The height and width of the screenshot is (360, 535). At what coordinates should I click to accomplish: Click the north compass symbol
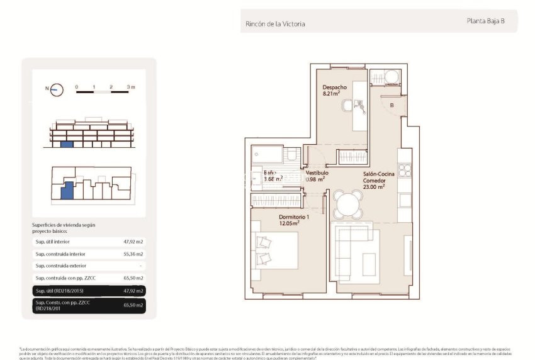(x=56, y=89)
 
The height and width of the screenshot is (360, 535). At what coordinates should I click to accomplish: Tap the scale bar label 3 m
(x=130, y=86)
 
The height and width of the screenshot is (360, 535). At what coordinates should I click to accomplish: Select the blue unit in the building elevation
(x=67, y=145)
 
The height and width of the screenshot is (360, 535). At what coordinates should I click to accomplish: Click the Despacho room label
(x=335, y=87)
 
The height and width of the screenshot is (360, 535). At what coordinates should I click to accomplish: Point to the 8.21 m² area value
(x=332, y=94)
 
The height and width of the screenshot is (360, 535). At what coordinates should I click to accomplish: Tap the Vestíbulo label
(x=317, y=172)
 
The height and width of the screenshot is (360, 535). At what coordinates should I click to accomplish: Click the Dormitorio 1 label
(x=293, y=216)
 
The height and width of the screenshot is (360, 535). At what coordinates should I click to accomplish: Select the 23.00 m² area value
(x=373, y=186)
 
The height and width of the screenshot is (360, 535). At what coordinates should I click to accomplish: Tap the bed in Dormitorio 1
(x=274, y=250)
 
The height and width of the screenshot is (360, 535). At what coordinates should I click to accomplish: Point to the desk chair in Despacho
(x=347, y=108)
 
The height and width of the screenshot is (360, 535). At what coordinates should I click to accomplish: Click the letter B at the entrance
(x=391, y=106)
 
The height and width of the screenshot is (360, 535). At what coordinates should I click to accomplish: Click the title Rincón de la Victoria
(x=275, y=24)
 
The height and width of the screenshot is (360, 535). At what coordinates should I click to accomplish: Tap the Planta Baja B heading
(x=485, y=21)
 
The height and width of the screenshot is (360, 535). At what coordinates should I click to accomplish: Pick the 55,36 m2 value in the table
(x=133, y=254)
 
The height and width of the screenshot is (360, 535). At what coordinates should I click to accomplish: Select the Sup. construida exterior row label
(x=61, y=266)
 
